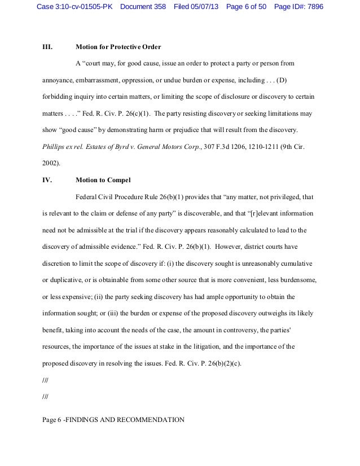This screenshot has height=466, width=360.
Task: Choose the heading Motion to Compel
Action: click(x=103, y=181)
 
